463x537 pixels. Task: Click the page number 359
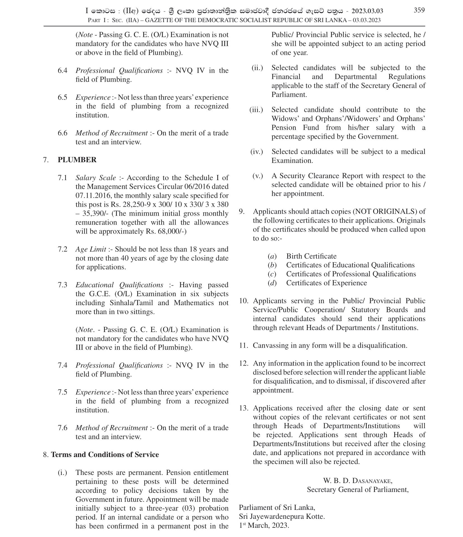point(419,10)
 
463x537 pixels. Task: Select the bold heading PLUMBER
point(77,160)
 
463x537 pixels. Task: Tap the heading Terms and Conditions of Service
point(105,454)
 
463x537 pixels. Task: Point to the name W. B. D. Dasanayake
point(357,481)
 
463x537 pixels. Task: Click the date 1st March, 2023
point(264,525)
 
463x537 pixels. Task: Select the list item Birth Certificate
point(311,256)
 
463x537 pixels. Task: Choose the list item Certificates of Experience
point(326,283)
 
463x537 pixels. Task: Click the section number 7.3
point(62,285)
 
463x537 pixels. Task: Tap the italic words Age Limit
point(91,249)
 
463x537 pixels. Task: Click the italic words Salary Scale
point(96,178)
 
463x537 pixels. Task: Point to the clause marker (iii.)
point(256,110)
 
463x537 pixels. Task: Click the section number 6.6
point(62,133)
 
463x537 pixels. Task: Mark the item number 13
point(244,408)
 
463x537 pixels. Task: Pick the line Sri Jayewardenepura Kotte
point(282,516)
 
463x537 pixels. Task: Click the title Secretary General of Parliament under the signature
point(357,489)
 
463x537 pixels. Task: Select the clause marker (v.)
point(258,176)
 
